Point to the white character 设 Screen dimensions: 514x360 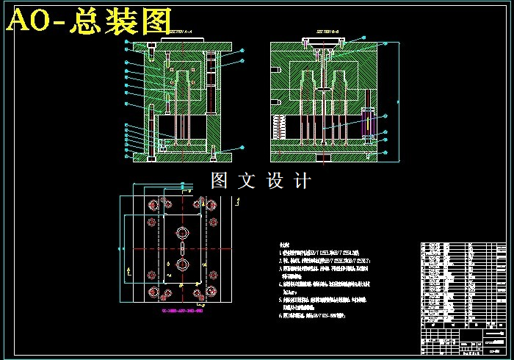[274, 181]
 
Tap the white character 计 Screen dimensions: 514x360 [302, 181]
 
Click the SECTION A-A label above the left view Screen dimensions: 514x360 [179, 33]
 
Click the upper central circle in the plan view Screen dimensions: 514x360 [181, 232]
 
